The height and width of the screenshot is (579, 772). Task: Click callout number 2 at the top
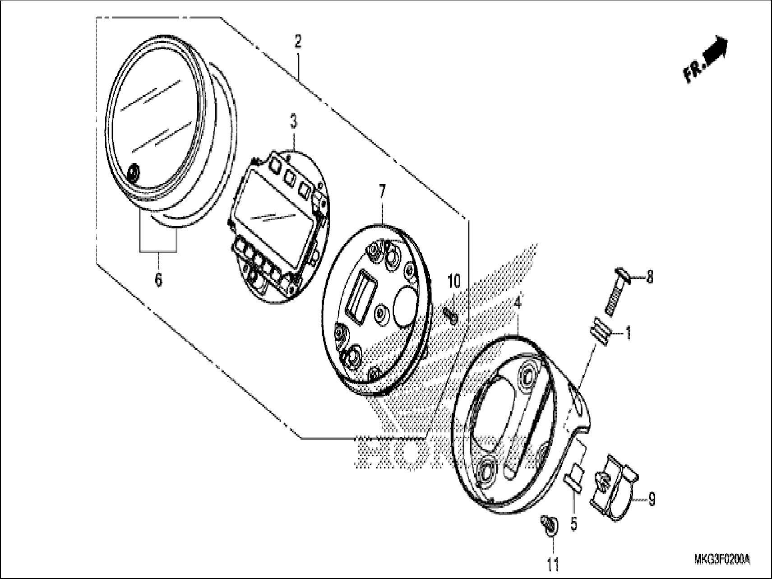click(297, 42)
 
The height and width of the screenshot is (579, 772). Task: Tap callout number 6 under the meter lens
click(158, 280)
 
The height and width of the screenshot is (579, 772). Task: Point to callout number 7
click(382, 192)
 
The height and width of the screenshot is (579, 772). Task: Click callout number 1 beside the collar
click(627, 334)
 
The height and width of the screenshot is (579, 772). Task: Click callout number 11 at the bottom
click(553, 564)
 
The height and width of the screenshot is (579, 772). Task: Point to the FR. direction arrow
click(705, 60)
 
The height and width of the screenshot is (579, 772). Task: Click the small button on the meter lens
click(134, 173)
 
